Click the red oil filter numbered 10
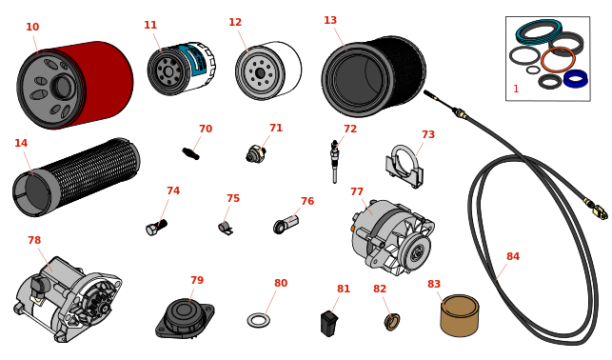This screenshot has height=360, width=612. tap(75, 85)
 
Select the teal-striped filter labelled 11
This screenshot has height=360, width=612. tap(181, 69)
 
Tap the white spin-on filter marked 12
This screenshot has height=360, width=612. tap(268, 70)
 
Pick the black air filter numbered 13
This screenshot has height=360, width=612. tap(373, 76)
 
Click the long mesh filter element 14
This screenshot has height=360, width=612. tap(76, 177)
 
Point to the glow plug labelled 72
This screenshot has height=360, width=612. tap(334, 162)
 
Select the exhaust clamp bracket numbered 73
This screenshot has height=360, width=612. tap(405, 167)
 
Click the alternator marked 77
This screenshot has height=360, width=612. tap(392, 237)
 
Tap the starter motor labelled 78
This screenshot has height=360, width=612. tap(69, 299)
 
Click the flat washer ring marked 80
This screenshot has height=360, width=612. tap(258, 321)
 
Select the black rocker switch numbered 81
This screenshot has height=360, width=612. tap(329, 323)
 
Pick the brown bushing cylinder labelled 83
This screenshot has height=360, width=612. tap(460, 315)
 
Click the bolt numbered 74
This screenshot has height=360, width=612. tap(156, 228)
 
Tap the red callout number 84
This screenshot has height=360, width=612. tap(513, 256)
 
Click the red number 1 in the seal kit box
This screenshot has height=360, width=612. tap(516, 89)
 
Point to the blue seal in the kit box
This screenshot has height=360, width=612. tap(576, 78)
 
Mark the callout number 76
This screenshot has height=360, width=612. tap(307, 201)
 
